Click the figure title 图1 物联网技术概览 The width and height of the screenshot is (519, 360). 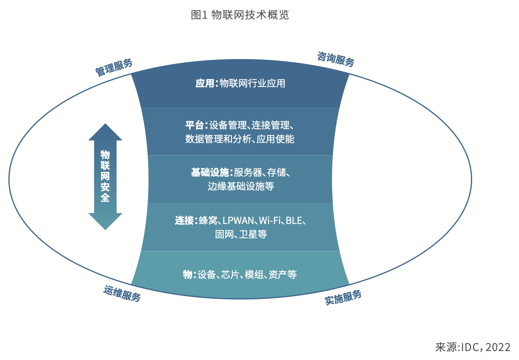point(240,15)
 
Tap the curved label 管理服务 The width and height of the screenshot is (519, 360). point(114,68)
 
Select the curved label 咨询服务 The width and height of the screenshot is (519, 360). point(336,59)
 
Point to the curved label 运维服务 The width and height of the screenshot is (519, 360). point(122,293)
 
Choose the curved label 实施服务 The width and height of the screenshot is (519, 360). point(343,297)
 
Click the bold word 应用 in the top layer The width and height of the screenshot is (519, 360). point(205,83)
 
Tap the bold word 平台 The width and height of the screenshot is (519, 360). point(194,125)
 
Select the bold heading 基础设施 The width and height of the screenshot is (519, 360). point(210,173)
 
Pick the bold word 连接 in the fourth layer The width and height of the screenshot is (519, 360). point(184,221)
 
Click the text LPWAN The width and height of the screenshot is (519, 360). point(238,221)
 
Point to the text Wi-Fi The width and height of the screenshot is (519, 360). point(270,221)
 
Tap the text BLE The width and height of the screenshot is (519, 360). point(294,221)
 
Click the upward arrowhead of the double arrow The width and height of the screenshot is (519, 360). point(105,132)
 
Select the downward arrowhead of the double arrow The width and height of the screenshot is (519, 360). point(105,222)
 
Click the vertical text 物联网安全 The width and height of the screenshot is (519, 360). point(105,176)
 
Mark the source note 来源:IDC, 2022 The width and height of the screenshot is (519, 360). point(473,347)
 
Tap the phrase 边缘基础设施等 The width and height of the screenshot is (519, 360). point(241,186)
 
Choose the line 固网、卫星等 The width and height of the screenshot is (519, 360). point(241,235)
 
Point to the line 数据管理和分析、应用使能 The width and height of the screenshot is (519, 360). point(240,139)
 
